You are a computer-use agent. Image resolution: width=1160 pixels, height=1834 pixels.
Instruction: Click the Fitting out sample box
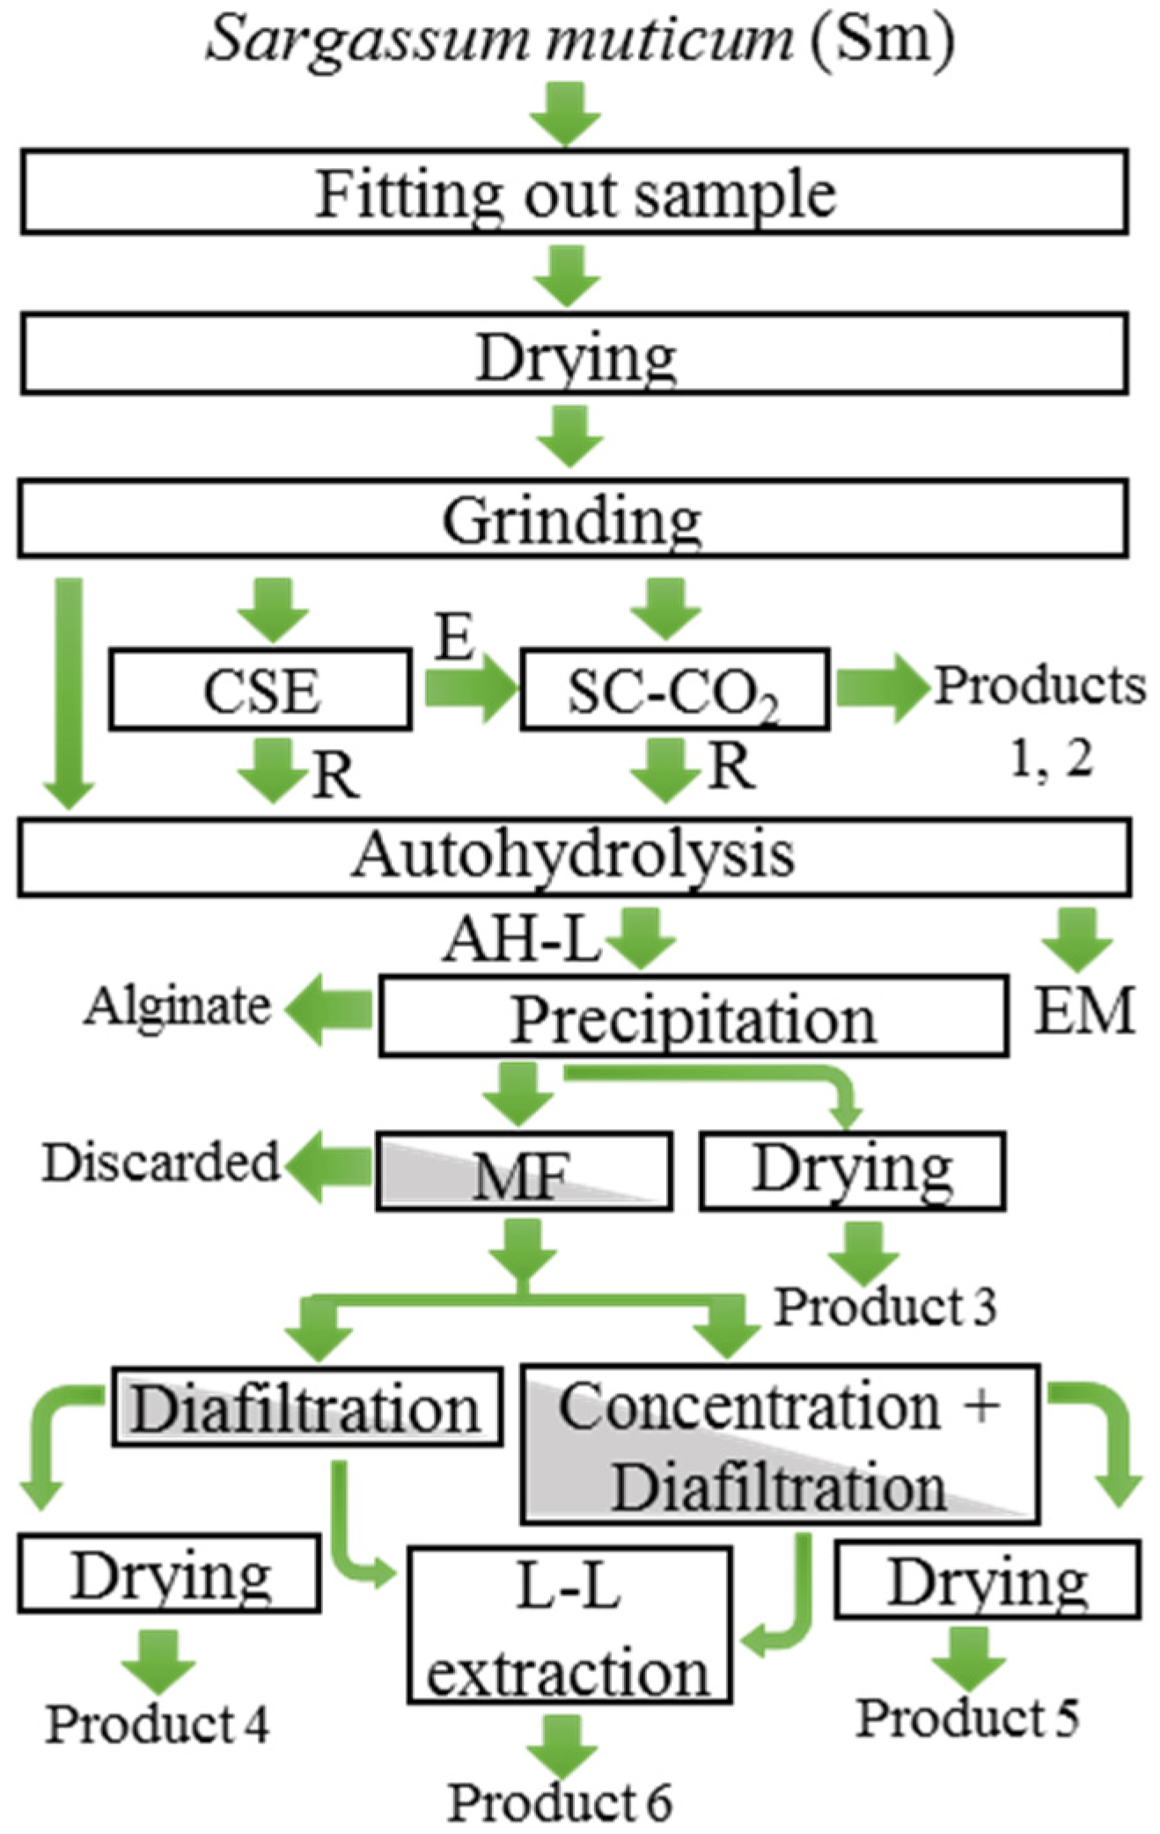point(574,192)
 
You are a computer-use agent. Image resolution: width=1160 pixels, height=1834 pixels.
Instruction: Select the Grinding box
point(572,519)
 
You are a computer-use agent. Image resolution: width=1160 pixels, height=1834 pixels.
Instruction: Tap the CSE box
point(261,690)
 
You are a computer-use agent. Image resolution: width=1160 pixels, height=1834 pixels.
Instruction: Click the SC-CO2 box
point(674,690)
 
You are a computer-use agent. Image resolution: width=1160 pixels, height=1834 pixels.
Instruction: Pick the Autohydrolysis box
point(574,856)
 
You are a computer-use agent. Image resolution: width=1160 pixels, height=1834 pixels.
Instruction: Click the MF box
point(524,1171)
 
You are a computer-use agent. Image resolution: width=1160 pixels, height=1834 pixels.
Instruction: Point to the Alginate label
point(178,1006)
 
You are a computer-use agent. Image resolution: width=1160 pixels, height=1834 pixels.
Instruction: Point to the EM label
point(1083,1011)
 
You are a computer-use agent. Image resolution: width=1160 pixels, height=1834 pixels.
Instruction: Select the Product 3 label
point(885,1305)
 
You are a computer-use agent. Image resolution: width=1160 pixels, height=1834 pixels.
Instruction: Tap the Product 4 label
point(158,1722)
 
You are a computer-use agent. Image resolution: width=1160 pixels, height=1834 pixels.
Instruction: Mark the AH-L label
point(521,940)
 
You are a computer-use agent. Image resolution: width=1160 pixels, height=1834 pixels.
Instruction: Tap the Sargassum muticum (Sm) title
point(579,39)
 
